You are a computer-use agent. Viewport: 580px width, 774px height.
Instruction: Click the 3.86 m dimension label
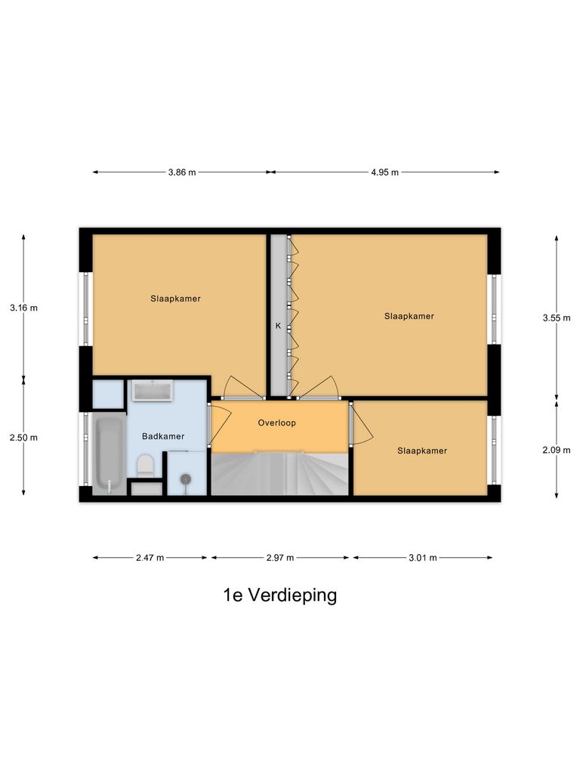pyautogui.click(x=182, y=172)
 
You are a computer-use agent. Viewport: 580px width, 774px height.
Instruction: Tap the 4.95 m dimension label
pyautogui.click(x=384, y=172)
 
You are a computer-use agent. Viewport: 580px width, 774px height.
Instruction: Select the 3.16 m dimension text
pyautogui.click(x=23, y=308)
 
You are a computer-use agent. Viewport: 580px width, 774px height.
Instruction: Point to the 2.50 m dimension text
pyautogui.click(x=23, y=438)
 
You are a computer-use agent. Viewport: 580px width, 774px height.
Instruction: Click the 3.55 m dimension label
pyautogui.click(x=556, y=318)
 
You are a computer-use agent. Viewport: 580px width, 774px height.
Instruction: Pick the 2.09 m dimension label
pyautogui.click(x=556, y=450)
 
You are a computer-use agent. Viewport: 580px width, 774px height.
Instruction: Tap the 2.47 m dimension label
pyautogui.click(x=150, y=559)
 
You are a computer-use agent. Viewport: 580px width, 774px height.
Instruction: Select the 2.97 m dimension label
pyautogui.click(x=279, y=559)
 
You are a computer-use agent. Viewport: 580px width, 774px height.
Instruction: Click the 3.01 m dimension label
pyautogui.click(x=423, y=559)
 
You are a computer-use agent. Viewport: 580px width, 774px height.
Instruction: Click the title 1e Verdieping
pyautogui.click(x=279, y=596)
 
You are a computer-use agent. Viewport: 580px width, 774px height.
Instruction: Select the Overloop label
pyautogui.click(x=276, y=423)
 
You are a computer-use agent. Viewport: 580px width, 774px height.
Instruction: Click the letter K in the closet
pyautogui.click(x=278, y=327)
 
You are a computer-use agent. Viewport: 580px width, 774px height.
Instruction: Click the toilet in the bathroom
pyautogui.click(x=145, y=465)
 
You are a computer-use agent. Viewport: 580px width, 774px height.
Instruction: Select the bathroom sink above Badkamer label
pyautogui.click(x=153, y=390)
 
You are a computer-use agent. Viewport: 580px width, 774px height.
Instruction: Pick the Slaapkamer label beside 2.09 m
pyautogui.click(x=422, y=451)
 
